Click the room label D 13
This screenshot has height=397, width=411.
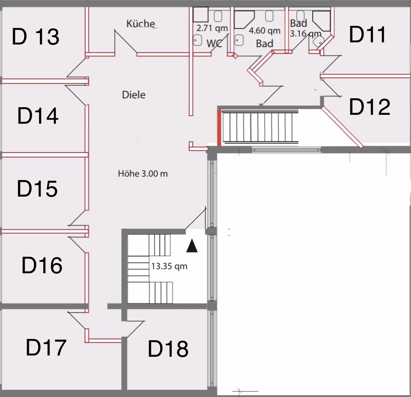click(36, 36)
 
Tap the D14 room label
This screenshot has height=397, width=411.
click(38, 116)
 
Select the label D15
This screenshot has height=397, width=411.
click(37, 189)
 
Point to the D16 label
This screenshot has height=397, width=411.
click(42, 265)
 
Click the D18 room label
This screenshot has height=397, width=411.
click(168, 349)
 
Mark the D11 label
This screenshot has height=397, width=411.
click(367, 34)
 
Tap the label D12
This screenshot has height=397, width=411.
click(369, 107)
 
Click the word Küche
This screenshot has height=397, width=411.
click(141, 24)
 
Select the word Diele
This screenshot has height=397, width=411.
click(133, 94)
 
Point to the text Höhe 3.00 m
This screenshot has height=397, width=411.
click(143, 173)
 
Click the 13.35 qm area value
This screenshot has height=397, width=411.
click(169, 266)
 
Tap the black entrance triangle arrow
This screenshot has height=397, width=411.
click(192, 246)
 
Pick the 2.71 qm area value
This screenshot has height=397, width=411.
click(212, 28)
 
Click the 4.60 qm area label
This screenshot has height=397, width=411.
click(264, 31)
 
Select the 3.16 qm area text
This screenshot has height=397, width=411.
click(305, 33)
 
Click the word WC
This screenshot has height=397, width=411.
click(214, 44)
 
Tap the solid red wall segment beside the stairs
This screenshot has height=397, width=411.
click(219, 128)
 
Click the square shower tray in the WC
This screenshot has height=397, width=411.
click(201, 14)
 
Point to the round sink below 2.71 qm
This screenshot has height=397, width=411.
click(197, 40)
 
